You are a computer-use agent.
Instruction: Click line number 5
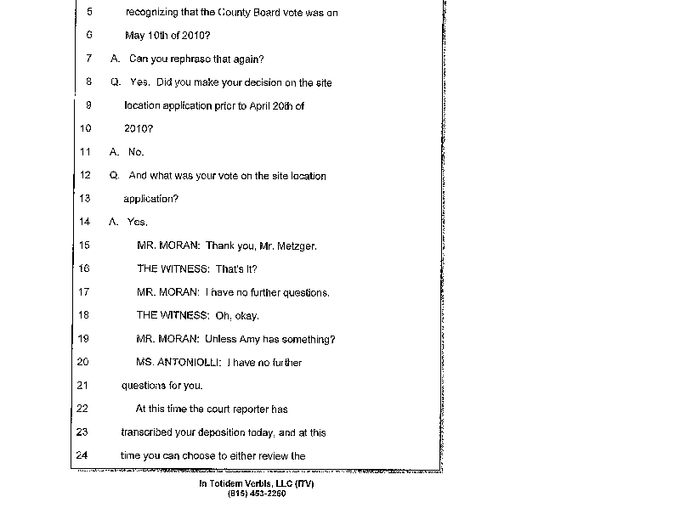[89, 14]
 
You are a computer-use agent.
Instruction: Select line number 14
[84, 222]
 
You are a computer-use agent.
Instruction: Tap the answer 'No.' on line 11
[136, 152]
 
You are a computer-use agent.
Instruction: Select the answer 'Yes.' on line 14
[137, 222]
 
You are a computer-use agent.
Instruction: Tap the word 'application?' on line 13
[150, 199]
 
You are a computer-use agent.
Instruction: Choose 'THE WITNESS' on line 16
[172, 268]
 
